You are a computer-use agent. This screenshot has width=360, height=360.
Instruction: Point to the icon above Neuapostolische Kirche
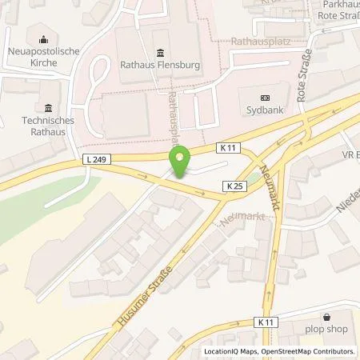42,37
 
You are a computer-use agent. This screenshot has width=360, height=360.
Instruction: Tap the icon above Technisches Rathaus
48,109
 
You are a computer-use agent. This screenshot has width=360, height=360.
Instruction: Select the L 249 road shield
94,160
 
